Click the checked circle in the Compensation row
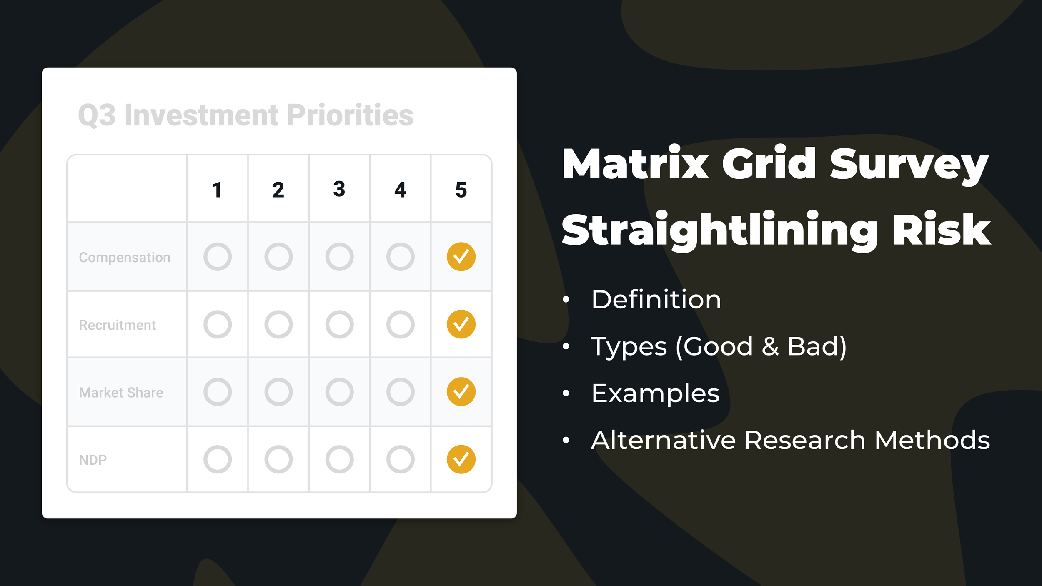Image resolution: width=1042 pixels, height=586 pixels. tap(461, 257)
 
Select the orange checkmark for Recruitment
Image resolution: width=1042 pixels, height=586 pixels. tap(461, 324)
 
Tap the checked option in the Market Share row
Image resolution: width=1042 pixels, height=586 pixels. tap(461, 392)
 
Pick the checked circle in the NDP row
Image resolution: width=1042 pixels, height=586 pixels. tap(461, 459)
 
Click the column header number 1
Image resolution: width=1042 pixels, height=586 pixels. tap(217, 190)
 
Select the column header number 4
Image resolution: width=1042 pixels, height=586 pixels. tap(400, 190)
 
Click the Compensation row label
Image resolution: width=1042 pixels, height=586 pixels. tap(125, 258)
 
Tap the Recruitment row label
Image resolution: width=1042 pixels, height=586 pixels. tap(117, 325)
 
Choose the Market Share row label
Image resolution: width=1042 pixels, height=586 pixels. tap(121, 393)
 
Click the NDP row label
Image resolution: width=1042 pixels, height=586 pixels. tap(93, 460)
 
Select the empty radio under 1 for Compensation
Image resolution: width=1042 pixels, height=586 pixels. tap(218, 257)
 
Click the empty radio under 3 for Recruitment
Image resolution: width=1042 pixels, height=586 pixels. tap(339, 324)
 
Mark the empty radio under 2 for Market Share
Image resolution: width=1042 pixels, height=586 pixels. tap(278, 392)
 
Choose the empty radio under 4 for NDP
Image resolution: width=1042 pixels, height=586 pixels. tap(400, 459)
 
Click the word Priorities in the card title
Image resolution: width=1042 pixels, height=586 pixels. tap(350, 115)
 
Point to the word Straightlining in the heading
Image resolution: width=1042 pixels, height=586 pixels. tap(721, 230)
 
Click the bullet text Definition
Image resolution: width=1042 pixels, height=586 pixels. tap(656, 299)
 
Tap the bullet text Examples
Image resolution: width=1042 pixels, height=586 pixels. tap(655, 393)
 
